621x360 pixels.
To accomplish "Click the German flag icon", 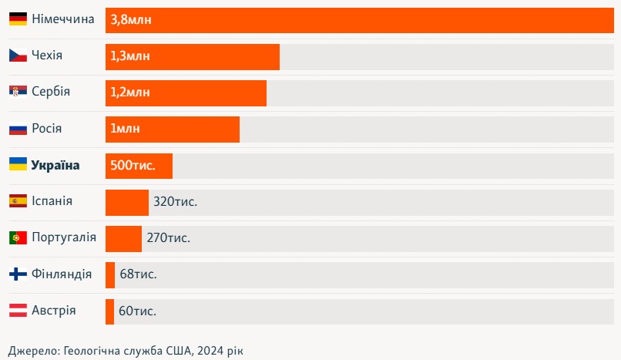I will (18, 19).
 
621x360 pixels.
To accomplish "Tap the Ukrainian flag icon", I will (18, 164).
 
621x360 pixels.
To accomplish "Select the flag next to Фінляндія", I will (18, 274).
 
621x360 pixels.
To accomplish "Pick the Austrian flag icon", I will (18, 311).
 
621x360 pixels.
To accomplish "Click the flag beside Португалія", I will (18, 237).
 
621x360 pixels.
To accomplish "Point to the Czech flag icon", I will (18, 56).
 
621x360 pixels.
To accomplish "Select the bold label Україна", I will (55, 165).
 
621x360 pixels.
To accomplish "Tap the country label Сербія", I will (51, 92).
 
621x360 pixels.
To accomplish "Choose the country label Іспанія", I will (52, 201).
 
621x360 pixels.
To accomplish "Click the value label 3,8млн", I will (131, 20).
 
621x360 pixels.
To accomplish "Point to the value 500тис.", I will (133, 166).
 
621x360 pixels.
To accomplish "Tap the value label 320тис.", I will (175, 202).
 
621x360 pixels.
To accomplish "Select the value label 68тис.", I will (139, 274).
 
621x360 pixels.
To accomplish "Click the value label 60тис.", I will (138, 311).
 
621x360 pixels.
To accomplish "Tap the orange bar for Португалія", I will (123, 238).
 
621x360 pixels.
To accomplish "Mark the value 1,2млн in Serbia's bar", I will (130, 93).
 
